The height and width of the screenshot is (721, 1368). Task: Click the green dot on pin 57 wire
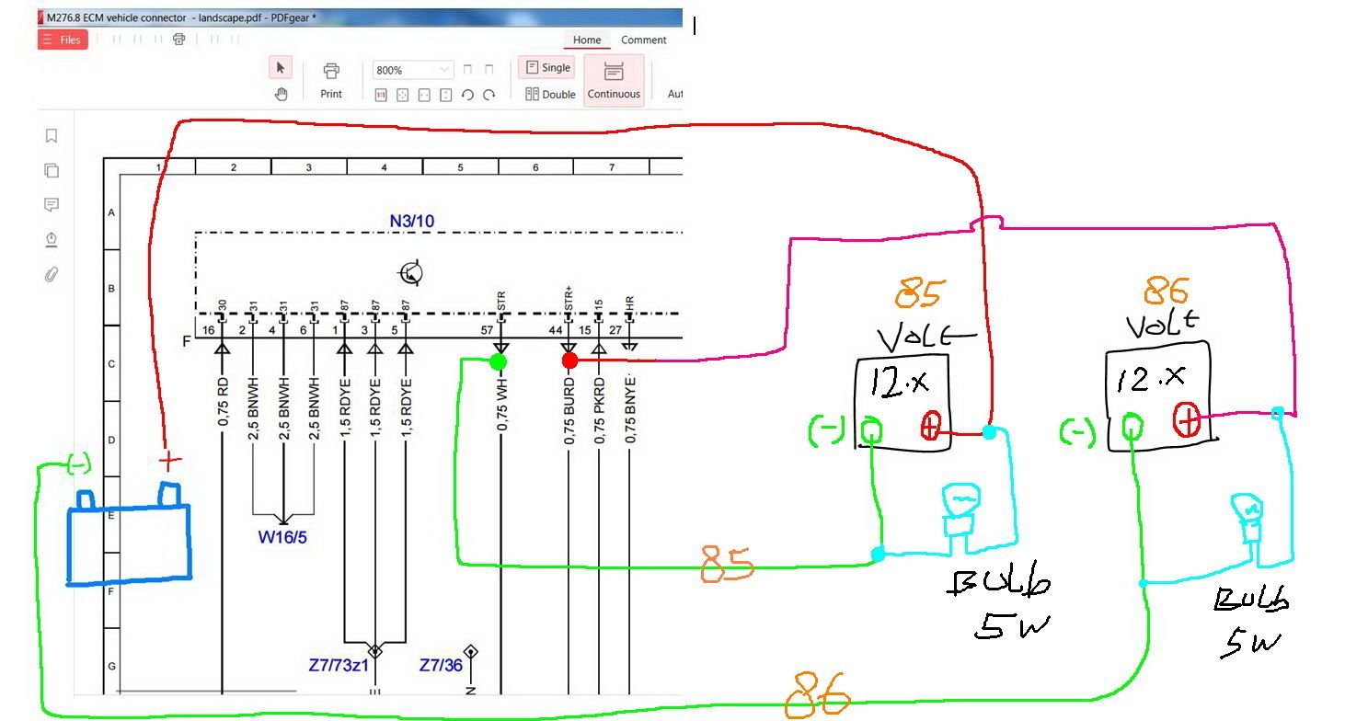tap(498, 361)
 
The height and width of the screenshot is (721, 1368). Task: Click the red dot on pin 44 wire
tap(569, 360)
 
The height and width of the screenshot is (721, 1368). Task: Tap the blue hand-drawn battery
tap(129, 543)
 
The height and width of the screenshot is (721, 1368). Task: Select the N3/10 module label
tap(411, 221)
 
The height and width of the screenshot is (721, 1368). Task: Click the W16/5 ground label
tap(282, 536)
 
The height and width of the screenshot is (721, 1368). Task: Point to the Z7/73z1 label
tap(339, 664)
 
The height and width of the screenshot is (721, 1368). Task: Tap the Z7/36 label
tap(441, 664)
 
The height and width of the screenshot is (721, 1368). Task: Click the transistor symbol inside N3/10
tap(410, 272)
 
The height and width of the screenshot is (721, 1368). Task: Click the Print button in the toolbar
tap(331, 80)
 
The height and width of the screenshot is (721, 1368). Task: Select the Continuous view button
tap(614, 80)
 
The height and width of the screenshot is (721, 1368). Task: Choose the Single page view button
tap(546, 67)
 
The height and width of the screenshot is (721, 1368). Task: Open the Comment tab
tap(643, 40)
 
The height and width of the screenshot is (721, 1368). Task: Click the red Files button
tap(63, 40)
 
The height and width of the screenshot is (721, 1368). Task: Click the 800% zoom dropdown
tap(413, 70)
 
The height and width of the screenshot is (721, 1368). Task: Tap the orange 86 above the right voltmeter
tap(1166, 292)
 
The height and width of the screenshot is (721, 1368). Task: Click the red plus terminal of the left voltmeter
tap(930, 426)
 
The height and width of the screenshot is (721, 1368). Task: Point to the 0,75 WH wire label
tap(502, 401)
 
